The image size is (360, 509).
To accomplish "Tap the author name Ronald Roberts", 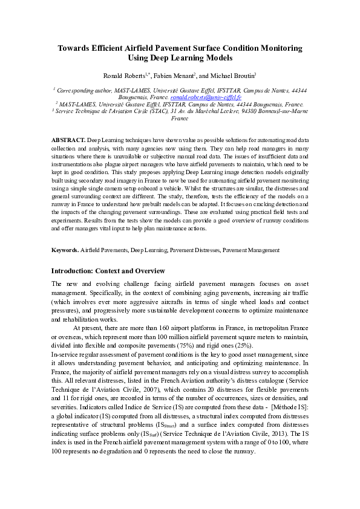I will (123, 76).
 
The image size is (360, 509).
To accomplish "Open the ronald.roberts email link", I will (206, 97).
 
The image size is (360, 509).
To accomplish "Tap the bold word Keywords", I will (65, 250).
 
